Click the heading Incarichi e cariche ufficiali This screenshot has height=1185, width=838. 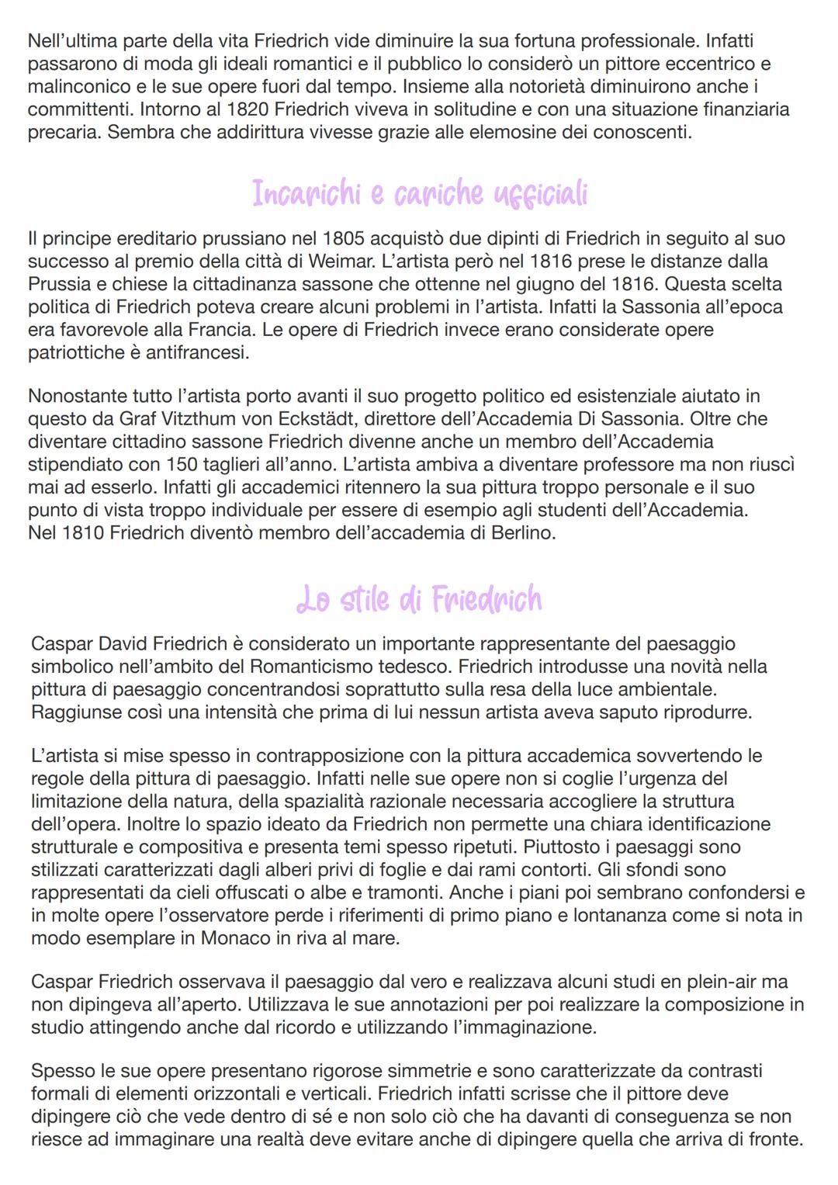419,193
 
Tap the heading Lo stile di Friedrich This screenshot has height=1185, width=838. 419,599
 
